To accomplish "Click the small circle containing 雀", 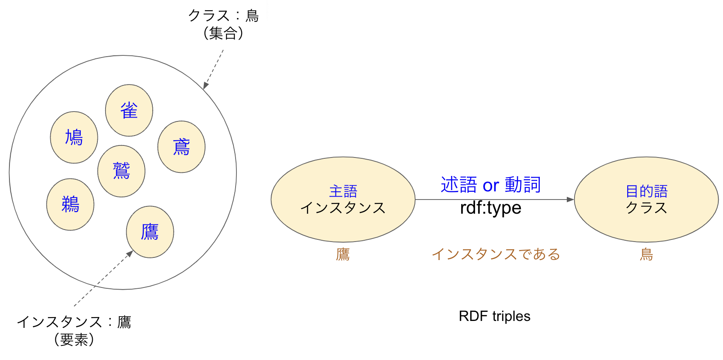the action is pyautogui.click(x=129, y=110).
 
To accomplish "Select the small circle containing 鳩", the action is pyautogui.click(x=74, y=137).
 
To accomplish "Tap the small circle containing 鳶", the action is pyautogui.click(x=182, y=147).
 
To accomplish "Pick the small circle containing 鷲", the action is pyautogui.click(x=121, y=171).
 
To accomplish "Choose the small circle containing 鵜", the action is pyautogui.click(x=70, y=204).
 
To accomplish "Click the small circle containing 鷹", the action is pyautogui.click(x=150, y=232).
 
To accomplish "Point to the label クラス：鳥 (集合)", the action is pyautogui.click(x=224, y=24).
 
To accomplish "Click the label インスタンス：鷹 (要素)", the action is pyautogui.click(x=74, y=330).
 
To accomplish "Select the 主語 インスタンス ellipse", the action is pyautogui.click(x=343, y=200).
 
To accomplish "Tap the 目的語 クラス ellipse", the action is pyautogui.click(x=647, y=200).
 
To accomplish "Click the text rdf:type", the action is pyautogui.click(x=490, y=207).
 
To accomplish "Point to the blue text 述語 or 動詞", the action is pyautogui.click(x=490, y=185).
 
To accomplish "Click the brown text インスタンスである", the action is pyautogui.click(x=496, y=254).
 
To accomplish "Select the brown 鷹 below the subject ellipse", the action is pyautogui.click(x=343, y=254).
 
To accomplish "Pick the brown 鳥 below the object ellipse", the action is pyautogui.click(x=647, y=254).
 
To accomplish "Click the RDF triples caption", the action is pyautogui.click(x=494, y=316).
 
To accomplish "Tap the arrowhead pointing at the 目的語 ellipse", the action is pyautogui.click(x=570, y=200).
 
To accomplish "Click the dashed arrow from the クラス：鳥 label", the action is pyautogui.click(x=213, y=70).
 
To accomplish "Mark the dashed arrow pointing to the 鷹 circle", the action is pyautogui.click(x=103, y=278).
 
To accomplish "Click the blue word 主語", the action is pyautogui.click(x=343, y=191).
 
